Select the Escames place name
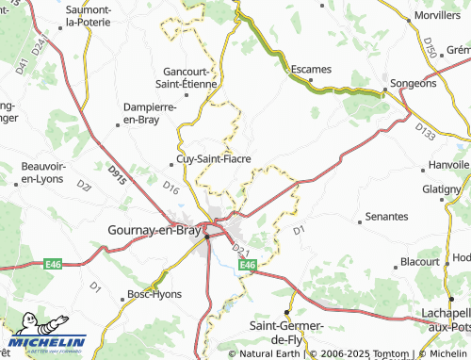pos(311,70)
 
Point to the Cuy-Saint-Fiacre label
pos(214,158)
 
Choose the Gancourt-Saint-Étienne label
pos(191,77)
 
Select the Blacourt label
pos(420,261)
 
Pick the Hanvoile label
pos(447,164)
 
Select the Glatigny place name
pos(442,189)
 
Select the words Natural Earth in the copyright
pos(268,353)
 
